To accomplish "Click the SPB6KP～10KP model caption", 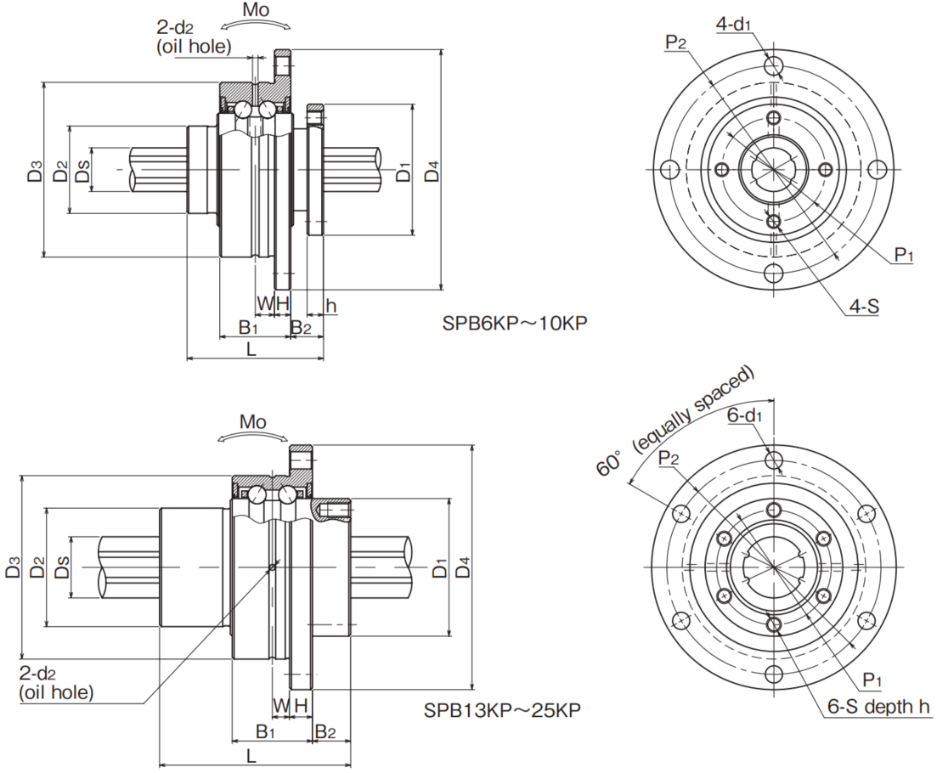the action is tap(515, 323).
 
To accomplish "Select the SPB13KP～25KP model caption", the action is tap(503, 710).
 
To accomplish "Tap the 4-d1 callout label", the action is tap(733, 24).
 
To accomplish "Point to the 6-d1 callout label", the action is tap(744, 415).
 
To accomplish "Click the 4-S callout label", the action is tap(864, 307).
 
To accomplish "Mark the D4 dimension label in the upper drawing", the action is tap(432, 171).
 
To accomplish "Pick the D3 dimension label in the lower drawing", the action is tap(13, 567).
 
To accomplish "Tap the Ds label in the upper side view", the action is tap(83, 171).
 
